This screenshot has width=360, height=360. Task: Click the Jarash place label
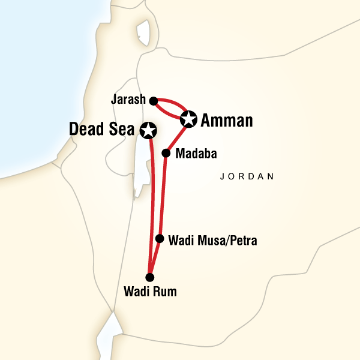[x=128, y=100]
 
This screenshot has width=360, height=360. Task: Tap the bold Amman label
[x=226, y=121]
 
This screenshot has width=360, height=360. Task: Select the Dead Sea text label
[x=103, y=129]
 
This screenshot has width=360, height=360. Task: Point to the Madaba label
[x=194, y=153]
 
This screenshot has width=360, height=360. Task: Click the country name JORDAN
[x=247, y=177]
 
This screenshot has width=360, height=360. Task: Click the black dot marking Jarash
[x=153, y=100]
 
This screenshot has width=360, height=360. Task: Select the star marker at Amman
[x=188, y=119]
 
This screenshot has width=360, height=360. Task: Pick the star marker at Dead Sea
[x=148, y=129]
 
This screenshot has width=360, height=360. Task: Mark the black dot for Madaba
[x=166, y=153]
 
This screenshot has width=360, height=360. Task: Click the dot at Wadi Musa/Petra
[x=159, y=238]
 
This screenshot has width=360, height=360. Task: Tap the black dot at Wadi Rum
[x=150, y=277]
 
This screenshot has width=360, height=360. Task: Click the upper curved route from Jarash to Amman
[x=174, y=103]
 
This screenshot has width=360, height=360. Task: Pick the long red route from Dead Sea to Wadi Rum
[x=152, y=204]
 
